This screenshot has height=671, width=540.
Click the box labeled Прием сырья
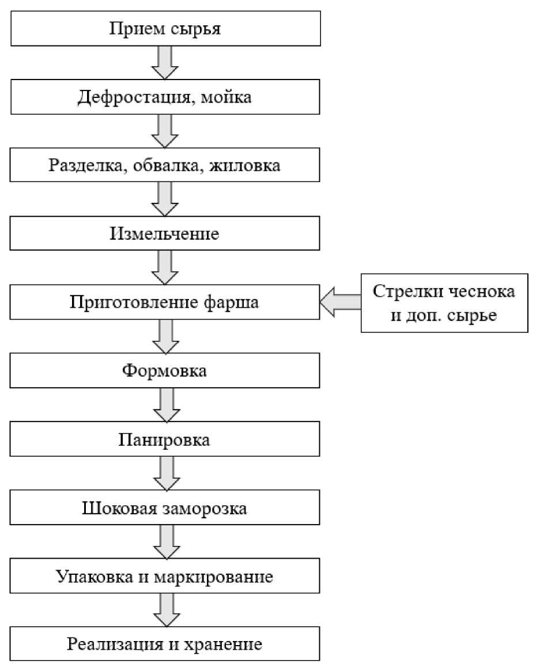click(x=165, y=28)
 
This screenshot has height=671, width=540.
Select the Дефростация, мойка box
click(x=165, y=97)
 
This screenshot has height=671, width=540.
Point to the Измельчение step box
click(x=165, y=234)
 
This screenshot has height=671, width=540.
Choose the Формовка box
click(x=165, y=370)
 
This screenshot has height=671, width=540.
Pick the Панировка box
click(x=165, y=439)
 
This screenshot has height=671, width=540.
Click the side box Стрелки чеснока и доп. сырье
click(x=444, y=303)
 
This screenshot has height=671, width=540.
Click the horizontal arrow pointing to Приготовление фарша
click(x=340, y=302)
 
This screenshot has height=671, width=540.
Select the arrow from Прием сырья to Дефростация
click(x=165, y=62)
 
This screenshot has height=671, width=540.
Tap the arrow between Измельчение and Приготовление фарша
click(x=165, y=268)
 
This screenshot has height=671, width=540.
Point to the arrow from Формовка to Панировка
click(x=165, y=405)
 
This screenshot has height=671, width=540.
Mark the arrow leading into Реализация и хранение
click(x=165, y=611)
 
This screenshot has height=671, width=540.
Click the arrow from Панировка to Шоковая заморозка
click(x=165, y=474)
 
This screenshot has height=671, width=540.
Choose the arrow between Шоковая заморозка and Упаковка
click(x=165, y=543)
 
